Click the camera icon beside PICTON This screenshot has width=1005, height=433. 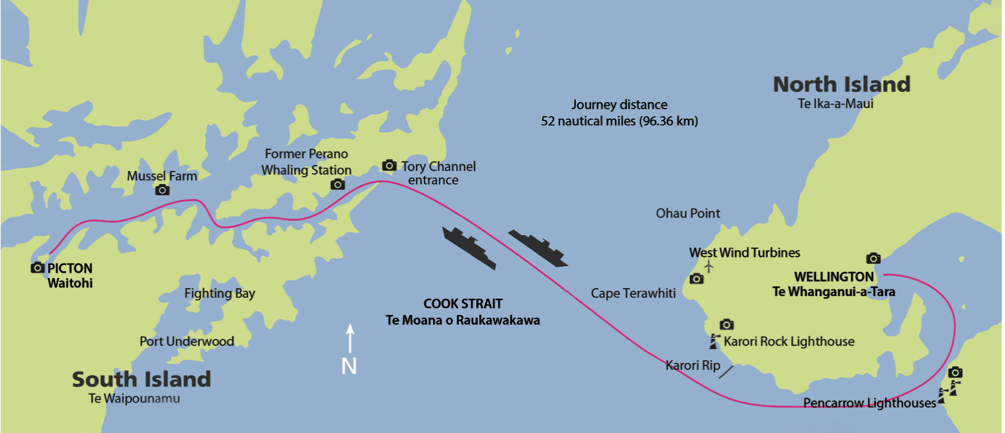[x=38, y=267]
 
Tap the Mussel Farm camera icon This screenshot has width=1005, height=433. [x=162, y=190]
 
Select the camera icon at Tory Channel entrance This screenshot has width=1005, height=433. [x=389, y=165]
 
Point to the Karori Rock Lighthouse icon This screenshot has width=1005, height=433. [x=714, y=342]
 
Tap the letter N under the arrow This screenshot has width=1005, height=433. [x=350, y=365]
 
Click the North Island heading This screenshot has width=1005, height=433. [x=841, y=85]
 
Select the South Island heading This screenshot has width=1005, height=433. [x=142, y=379]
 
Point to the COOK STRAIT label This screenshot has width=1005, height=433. [x=463, y=305]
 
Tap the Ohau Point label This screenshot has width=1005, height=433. [x=688, y=213]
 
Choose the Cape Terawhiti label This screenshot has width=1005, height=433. [x=633, y=293]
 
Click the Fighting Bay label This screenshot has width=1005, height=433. [x=219, y=293]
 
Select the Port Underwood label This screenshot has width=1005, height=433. [x=187, y=342]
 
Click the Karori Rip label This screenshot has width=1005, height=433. [x=693, y=365]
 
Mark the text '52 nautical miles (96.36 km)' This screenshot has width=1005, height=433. [x=619, y=122]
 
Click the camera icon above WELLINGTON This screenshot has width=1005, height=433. [x=873, y=258]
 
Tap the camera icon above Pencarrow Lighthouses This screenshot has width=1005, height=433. [x=955, y=373]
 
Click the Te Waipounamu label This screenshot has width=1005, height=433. [x=134, y=399]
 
